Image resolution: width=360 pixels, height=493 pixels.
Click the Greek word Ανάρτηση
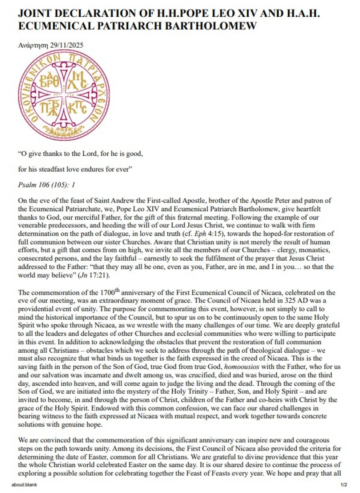click(x=33, y=45)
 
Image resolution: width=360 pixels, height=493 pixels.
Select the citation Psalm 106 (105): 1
click(x=47, y=185)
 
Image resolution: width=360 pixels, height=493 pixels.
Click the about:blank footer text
click(x=24, y=485)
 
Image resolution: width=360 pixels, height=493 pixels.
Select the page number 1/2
click(x=344, y=485)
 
